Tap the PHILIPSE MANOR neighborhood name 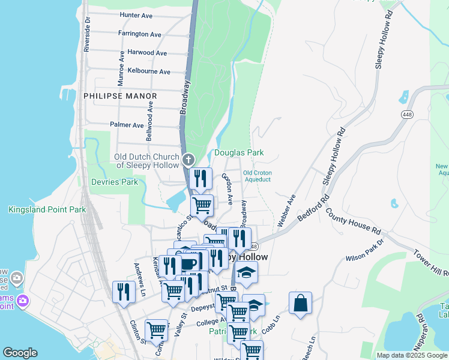click(120, 96)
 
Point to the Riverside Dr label click(88, 35)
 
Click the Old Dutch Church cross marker click(188, 160)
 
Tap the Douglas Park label click(239, 153)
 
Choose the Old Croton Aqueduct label click(258, 176)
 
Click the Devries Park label click(114, 181)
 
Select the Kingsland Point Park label click(47, 210)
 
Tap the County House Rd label click(353, 221)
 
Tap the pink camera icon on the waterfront click(23, 299)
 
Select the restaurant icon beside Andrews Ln click(124, 292)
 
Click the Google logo click(20, 353)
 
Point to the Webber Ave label click(287, 210)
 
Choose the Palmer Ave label click(127, 125)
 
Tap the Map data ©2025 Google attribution click(412, 355)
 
